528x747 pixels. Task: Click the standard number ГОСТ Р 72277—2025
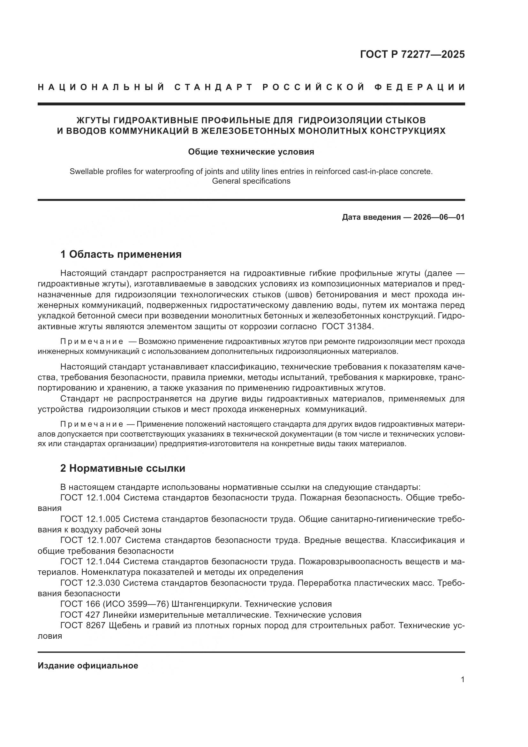(412, 54)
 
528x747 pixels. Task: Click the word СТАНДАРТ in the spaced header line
(214, 87)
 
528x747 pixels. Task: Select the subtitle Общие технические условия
(251, 152)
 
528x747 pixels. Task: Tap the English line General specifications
(251, 181)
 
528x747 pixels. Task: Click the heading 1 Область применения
(121, 255)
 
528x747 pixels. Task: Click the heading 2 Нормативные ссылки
(123, 468)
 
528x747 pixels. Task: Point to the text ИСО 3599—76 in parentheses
(136, 604)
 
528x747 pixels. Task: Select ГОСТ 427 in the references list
(80, 615)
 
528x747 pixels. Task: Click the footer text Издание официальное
(88, 666)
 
